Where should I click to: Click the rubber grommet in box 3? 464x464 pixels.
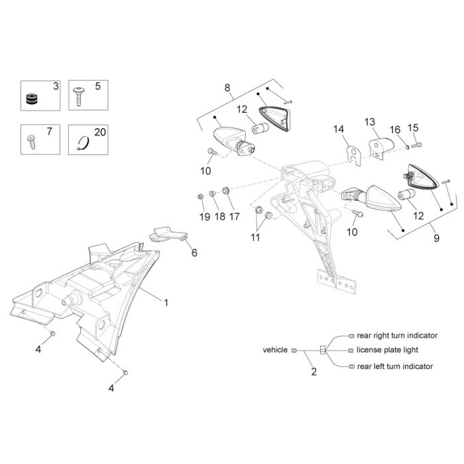pyautogui.click(x=32, y=99)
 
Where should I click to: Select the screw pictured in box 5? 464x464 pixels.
pyautogui.click(x=80, y=96)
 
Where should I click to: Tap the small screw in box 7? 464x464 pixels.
pyautogui.click(x=31, y=142)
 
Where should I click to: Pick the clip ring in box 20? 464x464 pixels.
pyautogui.click(x=83, y=143)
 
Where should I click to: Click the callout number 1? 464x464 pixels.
pyautogui.click(x=166, y=302)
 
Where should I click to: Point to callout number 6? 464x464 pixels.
pyautogui.click(x=194, y=253)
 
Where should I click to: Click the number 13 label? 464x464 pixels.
pyautogui.click(x=370, y=121)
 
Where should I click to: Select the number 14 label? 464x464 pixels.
pyautogui.click(x=339, y=129)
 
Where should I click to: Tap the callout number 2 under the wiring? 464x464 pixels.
pyautogui.click(x=314, y=372)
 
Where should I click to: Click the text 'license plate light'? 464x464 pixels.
pyautogui.click(x=387, y=350)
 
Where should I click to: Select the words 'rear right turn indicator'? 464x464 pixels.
pyautogui.click(x=397, y=335)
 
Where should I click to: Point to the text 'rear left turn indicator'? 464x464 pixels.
pyautogui.click(x=395, y=367)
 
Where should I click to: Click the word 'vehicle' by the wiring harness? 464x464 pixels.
pyautogui.click(x=275, y=350)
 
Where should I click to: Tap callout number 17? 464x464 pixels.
pyautogui.click(x=234, y=217)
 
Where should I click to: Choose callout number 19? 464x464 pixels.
pyautogui.click(x=205, y=217)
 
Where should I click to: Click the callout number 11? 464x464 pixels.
pyautogui.click(x=255, y=237)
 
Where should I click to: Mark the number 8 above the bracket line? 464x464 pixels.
pyautogui.click(x=227, y=87)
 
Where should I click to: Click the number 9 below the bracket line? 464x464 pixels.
pyautogui.click(x=436, y=238)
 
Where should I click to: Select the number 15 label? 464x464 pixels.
pyautogui.click(x=413, y=128)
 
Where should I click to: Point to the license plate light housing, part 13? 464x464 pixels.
pyautogui.click(x=382, y=147)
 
